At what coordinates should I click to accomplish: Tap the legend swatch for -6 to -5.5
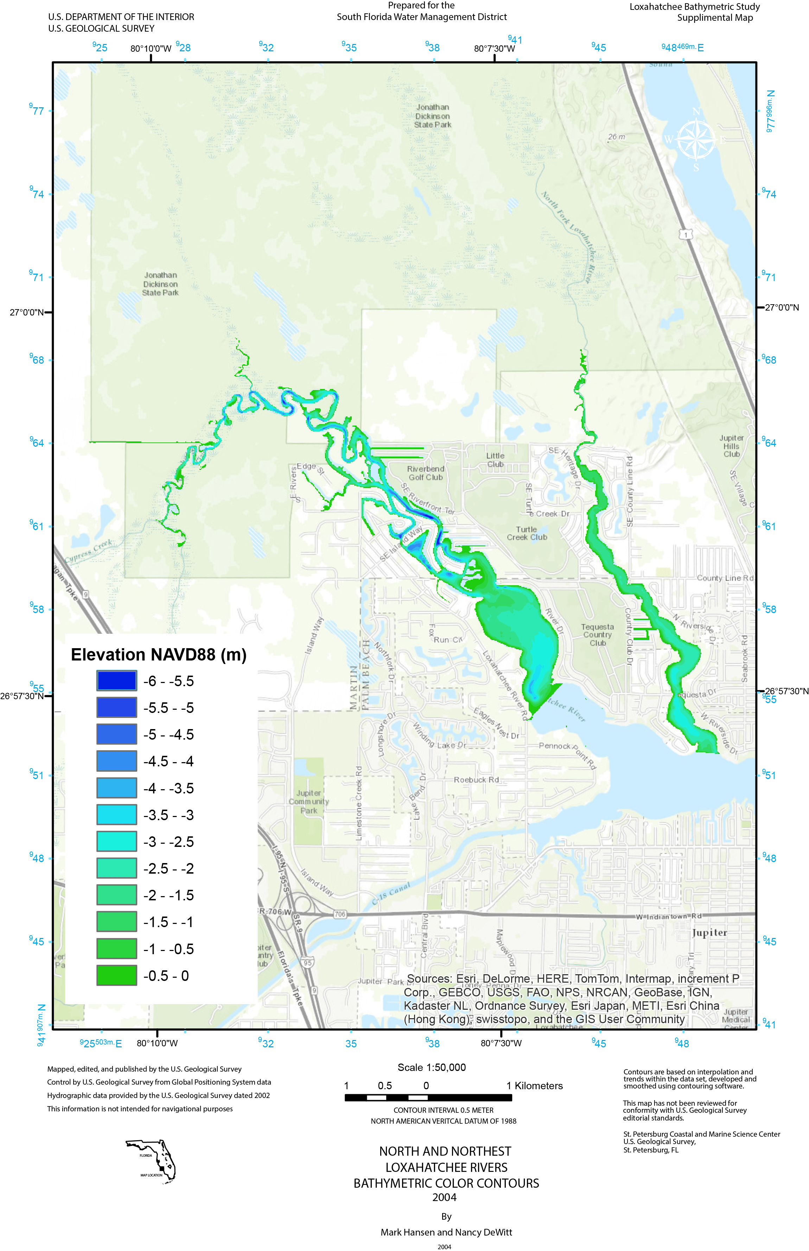click(x=117, y=681)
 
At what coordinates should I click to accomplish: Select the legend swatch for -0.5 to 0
click(x=117, y=975)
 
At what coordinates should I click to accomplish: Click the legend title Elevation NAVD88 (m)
click(x=159, y=655)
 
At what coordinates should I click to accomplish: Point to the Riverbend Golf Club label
click(x=426, y=473)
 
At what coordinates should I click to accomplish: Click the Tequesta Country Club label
click(x=597, y=634)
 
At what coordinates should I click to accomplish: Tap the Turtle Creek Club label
click(x=527, y=533)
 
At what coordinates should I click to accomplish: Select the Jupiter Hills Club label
click(x=731, y=446)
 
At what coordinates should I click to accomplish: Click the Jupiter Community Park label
click(x=308, y=802)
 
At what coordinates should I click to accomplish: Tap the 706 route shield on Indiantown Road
click(x=340, y=914)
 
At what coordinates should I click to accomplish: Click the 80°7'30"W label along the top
click(x=494, y=48)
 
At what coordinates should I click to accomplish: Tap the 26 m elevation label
click(x=616, y=136)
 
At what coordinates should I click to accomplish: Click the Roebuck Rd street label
click(x=476, y=779)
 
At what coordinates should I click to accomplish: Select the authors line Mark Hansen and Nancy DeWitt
click(x=446, y=1232)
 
